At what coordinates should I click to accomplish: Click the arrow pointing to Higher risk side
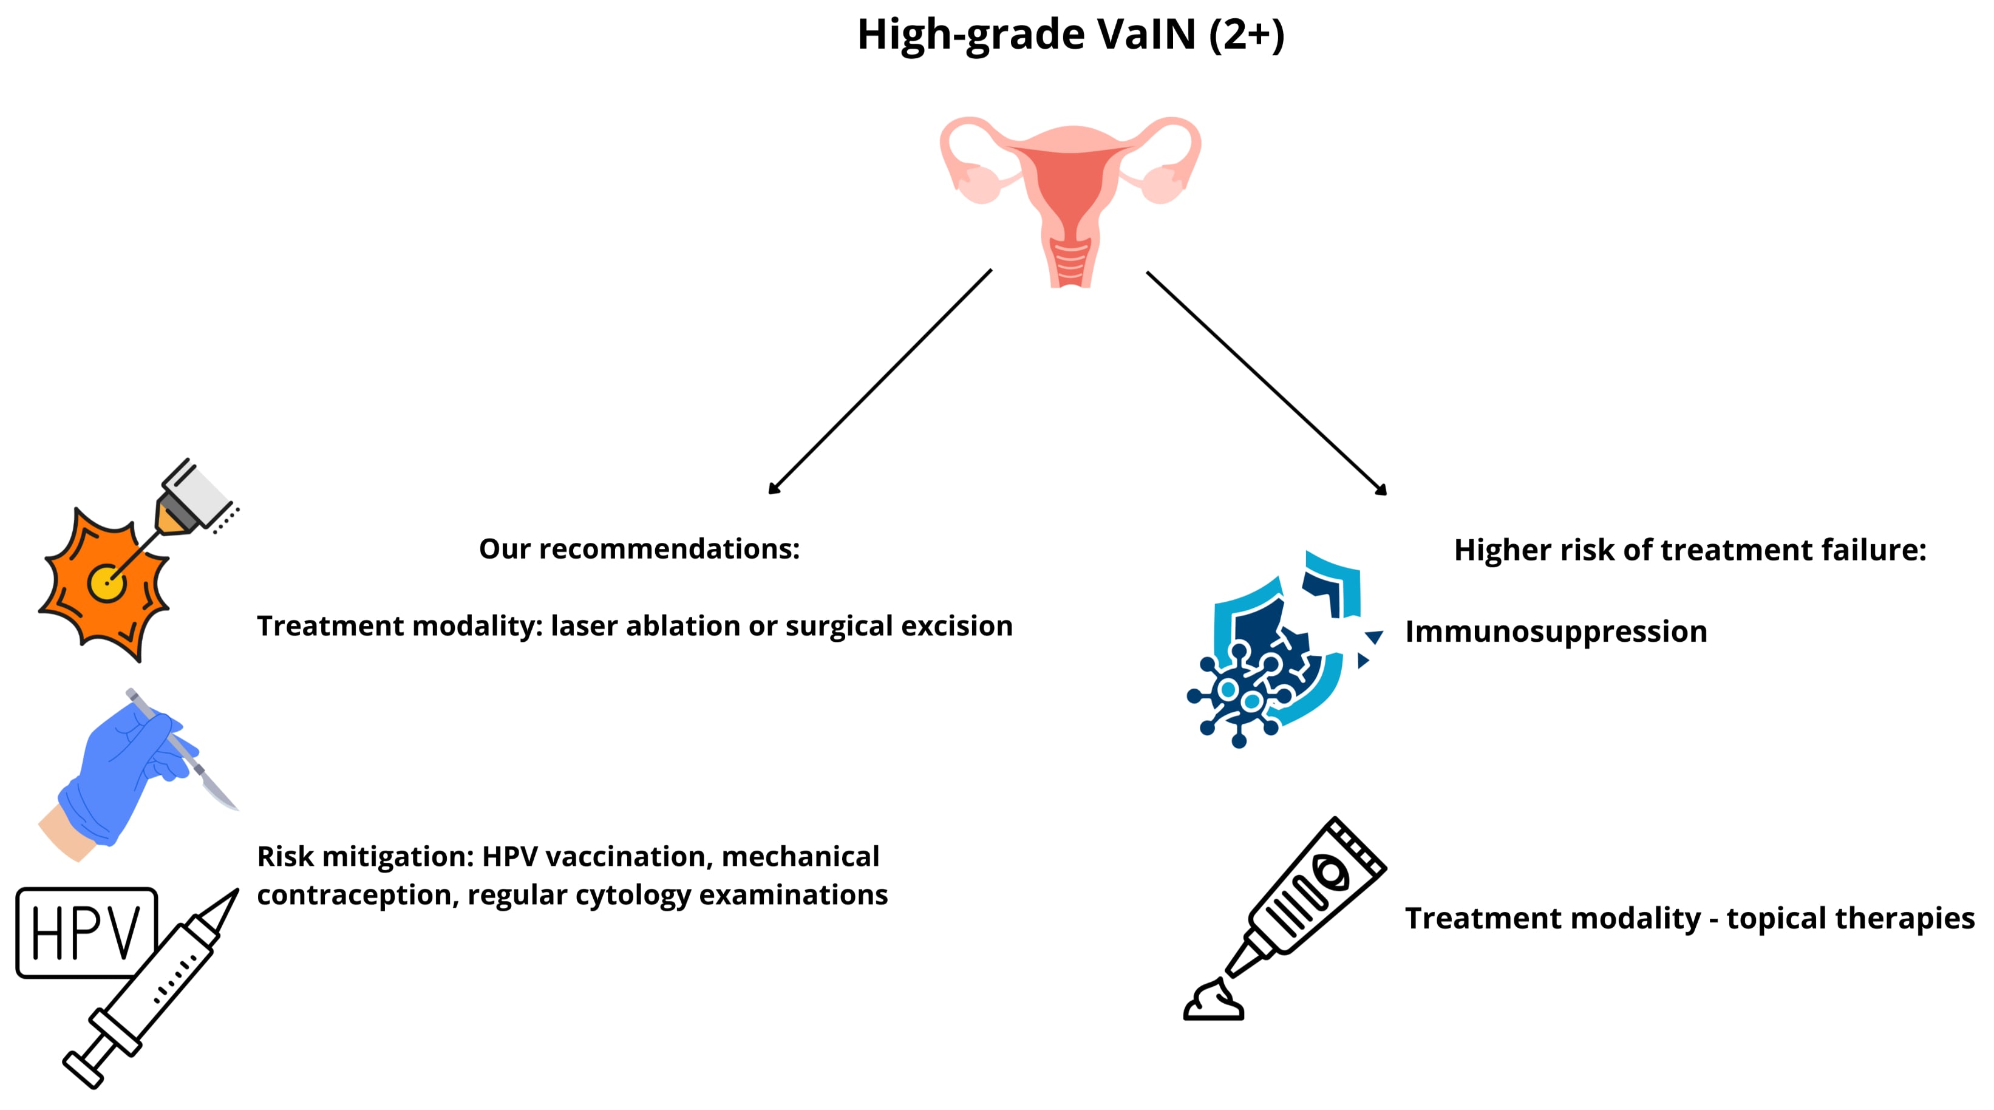click(1267, 383)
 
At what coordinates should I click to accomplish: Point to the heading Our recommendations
click(639, 549)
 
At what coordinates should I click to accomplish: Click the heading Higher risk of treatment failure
click(1690, 550)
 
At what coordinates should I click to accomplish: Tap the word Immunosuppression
click(1556, 632)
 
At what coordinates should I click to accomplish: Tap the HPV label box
click(86, 933)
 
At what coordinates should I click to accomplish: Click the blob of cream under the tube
click(1213, 1003)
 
